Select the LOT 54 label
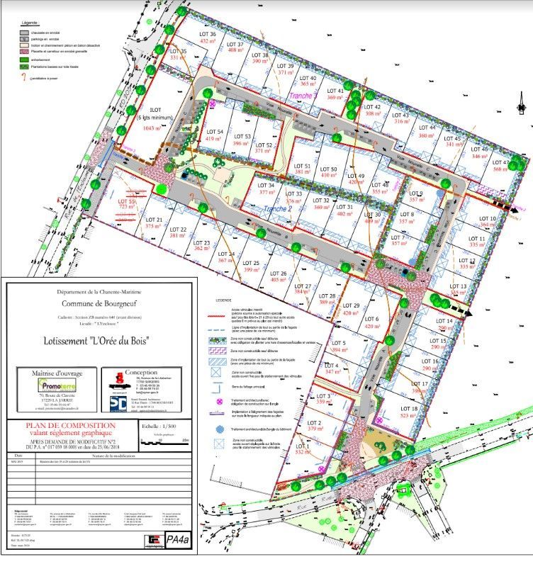(215, 132)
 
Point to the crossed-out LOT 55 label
(127, 201)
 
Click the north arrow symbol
(521, 104)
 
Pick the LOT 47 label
(502, 162)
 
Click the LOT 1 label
(303, 445)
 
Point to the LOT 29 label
(352, 305)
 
